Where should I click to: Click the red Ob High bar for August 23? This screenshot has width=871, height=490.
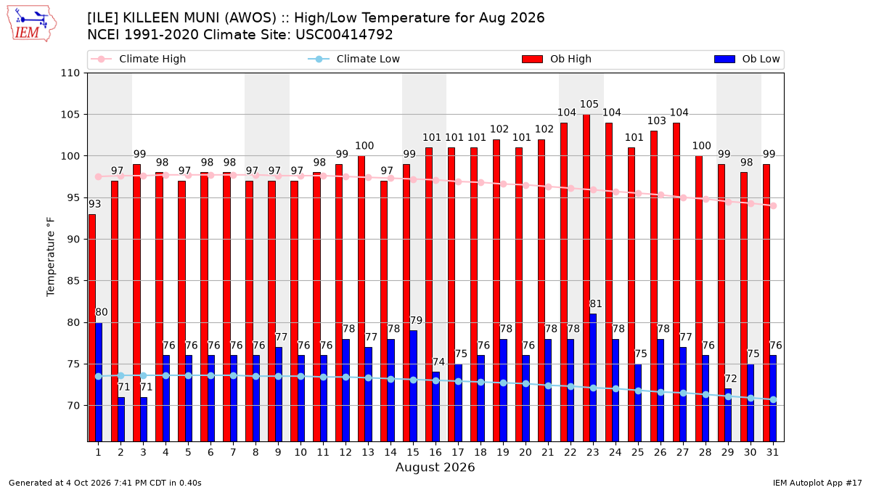pos(586,278)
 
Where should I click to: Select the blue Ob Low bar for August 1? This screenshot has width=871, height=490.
pos(99,383)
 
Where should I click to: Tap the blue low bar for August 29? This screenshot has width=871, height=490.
pos(728,415)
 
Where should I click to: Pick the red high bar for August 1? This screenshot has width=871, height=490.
pos(91,328)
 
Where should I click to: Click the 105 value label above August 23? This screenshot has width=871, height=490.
pos(589,105)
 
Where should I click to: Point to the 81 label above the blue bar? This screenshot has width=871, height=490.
pos(596,303)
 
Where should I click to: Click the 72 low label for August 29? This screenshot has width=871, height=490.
pos(731,378)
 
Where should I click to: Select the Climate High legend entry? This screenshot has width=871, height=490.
pos(138,59)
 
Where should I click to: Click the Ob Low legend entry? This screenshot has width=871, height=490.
pos(747,59)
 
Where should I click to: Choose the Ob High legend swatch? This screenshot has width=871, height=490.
pos(532,59)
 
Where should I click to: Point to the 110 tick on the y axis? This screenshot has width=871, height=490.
pos(70,73)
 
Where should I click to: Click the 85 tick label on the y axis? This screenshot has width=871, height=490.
pos(73,281)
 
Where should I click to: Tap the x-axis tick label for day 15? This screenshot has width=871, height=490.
pos(413,452)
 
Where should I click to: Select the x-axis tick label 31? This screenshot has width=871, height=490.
pos(772,452)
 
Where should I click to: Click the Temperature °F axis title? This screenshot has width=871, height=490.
pos(51,257)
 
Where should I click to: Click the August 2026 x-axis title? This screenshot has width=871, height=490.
pos(435,467)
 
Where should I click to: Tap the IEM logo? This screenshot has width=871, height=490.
pos(31,24)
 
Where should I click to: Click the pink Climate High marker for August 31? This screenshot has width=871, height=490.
pos(774,205)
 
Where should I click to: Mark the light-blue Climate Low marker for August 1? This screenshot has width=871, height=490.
pos(99,377)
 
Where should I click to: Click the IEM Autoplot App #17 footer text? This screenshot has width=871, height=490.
pos(817,483)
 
